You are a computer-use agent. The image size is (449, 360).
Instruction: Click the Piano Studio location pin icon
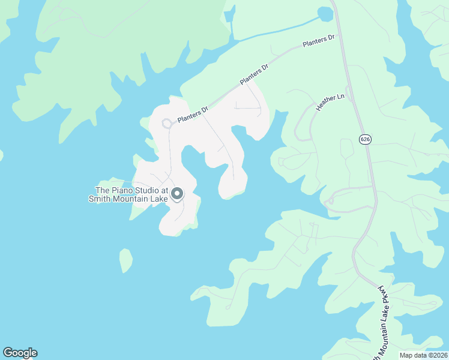point(177,193)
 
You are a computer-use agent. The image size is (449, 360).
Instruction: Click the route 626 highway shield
point(365,139)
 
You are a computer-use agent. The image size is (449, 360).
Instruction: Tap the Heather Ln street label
point(331,102)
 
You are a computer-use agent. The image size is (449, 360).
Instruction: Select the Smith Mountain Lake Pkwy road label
point(384,321)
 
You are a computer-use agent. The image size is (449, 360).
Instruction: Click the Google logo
point(20,353)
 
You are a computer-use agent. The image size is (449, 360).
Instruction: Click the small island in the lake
point(125,260)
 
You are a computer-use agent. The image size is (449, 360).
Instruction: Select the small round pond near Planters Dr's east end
point(325,13)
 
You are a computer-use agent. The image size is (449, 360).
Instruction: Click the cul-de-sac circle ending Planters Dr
point(167,124)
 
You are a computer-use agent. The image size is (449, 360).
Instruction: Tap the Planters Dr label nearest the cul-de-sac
point(193,113)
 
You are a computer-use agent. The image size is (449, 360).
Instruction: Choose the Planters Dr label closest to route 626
point(318,42)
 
